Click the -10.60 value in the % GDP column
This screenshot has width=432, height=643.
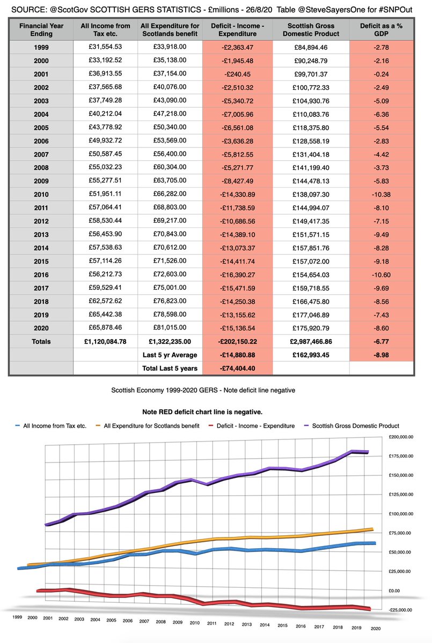coord(382,273)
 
